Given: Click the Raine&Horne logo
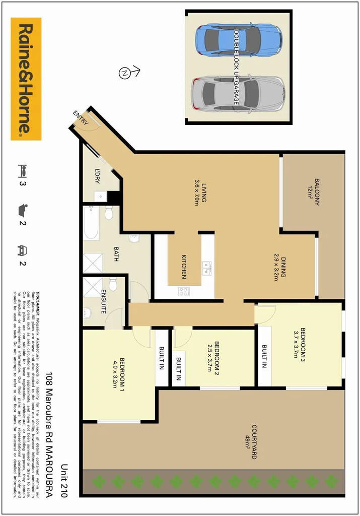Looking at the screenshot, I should click(x=26, y=79).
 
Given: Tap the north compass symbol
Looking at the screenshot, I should click(x=124, y=73).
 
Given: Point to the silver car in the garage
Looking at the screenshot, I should click(x=238, y=93).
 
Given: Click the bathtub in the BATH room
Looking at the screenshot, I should click(x=92, y=223).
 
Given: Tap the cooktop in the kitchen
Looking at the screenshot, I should click(x=184, y=291).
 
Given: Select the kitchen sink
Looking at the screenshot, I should click(x=206, y=268).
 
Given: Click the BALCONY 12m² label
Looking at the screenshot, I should click(x=314, y=192).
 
